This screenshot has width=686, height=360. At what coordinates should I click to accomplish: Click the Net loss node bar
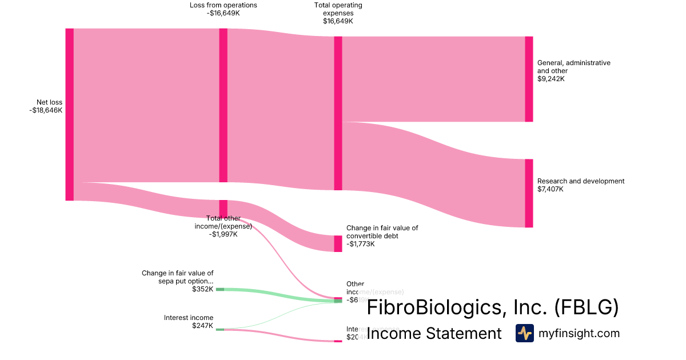point(70,114)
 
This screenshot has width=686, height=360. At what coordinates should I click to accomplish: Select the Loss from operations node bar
point(223,105)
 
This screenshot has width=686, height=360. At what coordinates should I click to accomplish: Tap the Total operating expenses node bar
point(338,113)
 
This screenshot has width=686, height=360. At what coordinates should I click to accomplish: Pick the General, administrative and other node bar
point(529,79)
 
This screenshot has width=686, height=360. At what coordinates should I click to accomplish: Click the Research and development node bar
point(529,193)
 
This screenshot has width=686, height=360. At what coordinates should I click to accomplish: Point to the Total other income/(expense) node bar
point(223,208)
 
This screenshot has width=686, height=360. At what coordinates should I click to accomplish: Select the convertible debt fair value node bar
point(338,243)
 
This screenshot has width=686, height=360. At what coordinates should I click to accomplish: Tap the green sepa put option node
point(220,290)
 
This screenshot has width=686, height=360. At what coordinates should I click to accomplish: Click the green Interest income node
point(220,329)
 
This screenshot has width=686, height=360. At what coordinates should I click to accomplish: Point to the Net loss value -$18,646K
point(46,111)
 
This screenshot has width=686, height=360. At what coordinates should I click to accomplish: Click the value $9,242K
point(551,79)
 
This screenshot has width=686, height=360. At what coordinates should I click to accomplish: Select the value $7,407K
point(551,189)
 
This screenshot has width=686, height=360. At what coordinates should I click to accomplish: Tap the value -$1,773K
point(361,244)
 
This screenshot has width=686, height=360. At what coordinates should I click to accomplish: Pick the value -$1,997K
point(223,234)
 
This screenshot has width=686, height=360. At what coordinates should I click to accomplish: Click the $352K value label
point(203,289)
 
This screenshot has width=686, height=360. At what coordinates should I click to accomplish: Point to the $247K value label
point(203,326)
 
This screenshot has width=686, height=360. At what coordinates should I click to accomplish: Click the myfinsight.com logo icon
point(524,333)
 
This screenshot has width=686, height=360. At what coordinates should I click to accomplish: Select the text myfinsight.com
point(579,333)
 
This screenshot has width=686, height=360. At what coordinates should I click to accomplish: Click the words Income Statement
point(434,333)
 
